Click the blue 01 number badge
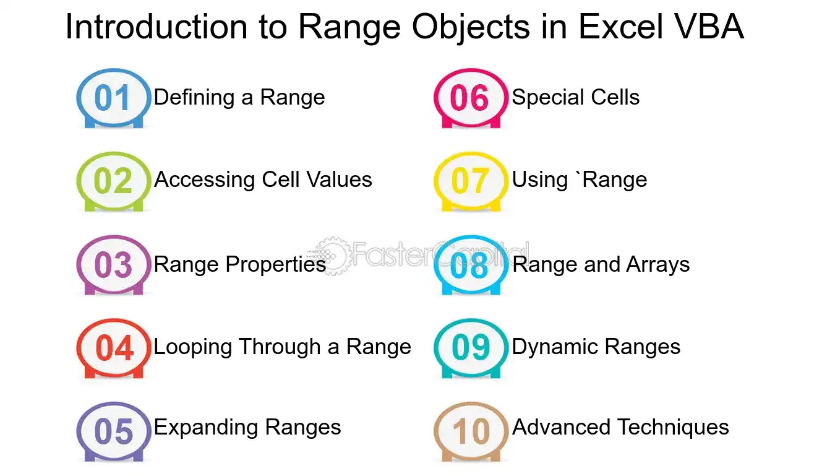pyautogui.click(x=114, y=98)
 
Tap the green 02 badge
pyautogui.click(x=114, y=181)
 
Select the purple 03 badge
pyautogui.click(x=114, y=265)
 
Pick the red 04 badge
pyautogui.click(x=114, y=348)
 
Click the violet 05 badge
pyautogui.click(x=114, y=432)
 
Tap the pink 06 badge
pyautogui.click(x=471, y=98)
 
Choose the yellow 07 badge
pyautogui.click(x=471, y=181)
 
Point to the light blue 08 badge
pyautogui.click(x=471, y=265)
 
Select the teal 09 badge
pyautogui.click(x=471, y=348)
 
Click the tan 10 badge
pyautogui.click(x=471, y=432)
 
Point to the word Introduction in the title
pyautogui.click(x=156, y=27)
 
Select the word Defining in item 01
pyautogui.click(x=194, y=98)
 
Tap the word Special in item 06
pyautogui.click(x=548, y=98)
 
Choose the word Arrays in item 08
pyautogui.click(x=658, y=265)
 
